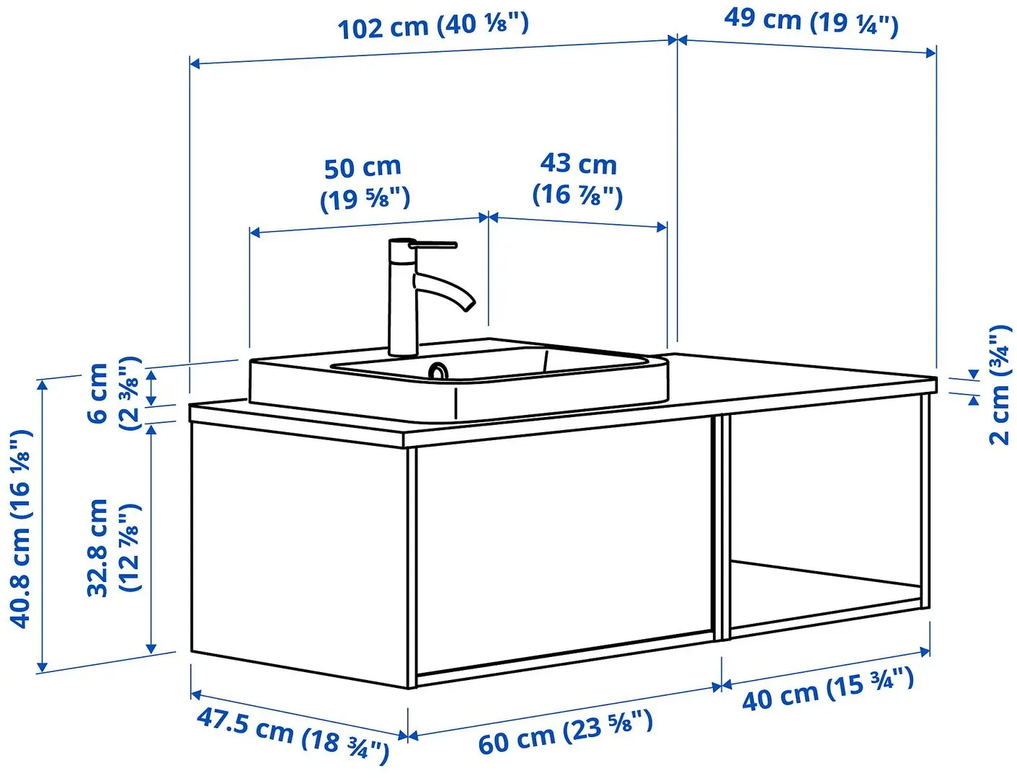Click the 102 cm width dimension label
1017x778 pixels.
(433, 26)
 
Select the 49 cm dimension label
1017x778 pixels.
(811, 21)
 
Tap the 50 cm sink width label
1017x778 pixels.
(364, 183)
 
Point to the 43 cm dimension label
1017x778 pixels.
(578, 179)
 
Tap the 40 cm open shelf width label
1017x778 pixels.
(828, 689)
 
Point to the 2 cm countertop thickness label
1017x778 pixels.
(999, 385)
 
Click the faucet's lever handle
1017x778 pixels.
(432, 246)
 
